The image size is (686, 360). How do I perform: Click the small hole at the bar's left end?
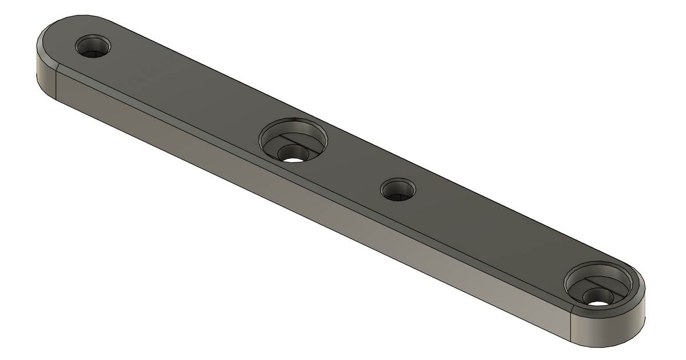click(93, 46)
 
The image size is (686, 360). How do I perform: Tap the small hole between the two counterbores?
click(398, 189)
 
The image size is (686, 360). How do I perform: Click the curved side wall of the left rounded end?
click(43, 74)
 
